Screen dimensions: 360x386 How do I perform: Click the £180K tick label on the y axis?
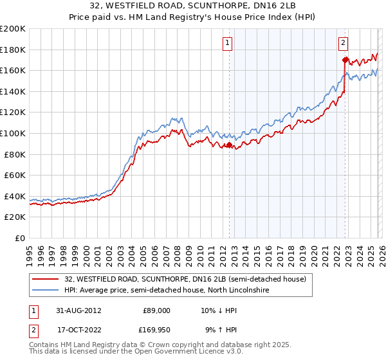pyautogui.click(x=13, y=50)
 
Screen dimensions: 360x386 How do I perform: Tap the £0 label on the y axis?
pyautogui.click(x=21, y=238)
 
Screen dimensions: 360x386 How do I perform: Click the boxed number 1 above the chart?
pyautogui.click(x=228, y=43)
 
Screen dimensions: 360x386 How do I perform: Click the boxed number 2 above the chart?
pyautogui.click(x=343, y=43)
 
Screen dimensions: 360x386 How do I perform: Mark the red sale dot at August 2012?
pyautogui.click(x=229, y=145)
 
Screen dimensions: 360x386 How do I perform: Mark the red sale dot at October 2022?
pyautogui.click(x=345, y=60)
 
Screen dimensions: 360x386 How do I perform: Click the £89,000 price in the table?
pyautogui.click(x=156, y=310)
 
